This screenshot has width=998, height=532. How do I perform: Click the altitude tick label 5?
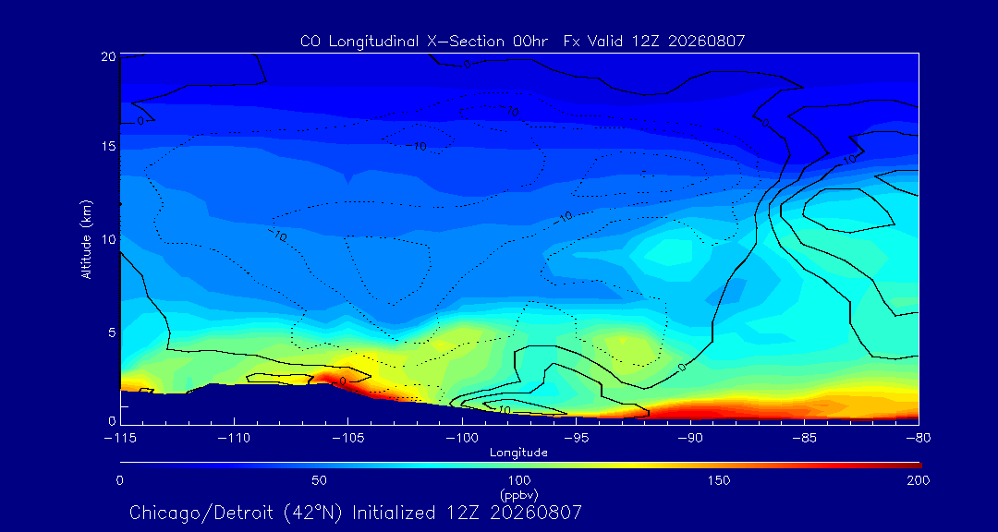[x=111, y=332]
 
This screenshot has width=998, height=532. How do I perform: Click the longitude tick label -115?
[x=120, y=439]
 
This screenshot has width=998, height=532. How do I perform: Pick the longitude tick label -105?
[x=348, y=439]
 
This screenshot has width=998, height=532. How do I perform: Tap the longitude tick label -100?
[x=462, y=439]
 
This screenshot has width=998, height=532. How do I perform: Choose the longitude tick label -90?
[x=690, y=439]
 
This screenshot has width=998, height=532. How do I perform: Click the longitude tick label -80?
[x=919, y=439]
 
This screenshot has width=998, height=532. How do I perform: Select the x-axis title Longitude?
[x=518, y=453]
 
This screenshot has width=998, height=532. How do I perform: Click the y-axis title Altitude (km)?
[x=87, y=239]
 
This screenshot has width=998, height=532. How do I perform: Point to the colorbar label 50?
[x=320, y=480]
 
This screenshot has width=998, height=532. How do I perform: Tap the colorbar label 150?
[x=719, y=480]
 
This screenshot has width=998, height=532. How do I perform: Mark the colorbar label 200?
[x=919, y=480]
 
